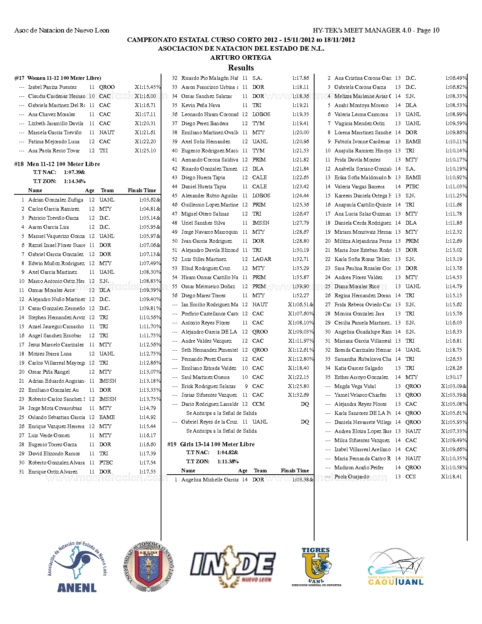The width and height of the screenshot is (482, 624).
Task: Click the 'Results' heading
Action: [x=241, y=68]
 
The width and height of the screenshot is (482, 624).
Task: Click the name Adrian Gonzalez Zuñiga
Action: [x=56, y=200]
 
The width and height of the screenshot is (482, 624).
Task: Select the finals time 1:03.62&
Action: [x=150, y=200]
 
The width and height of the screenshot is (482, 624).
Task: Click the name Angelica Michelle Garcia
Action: [x=210, y=480]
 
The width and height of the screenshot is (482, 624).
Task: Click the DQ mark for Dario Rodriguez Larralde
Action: [x=305, y=404]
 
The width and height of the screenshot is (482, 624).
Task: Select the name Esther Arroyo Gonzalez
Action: [x=361, y=377]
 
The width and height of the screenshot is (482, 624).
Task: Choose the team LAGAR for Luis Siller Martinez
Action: [x=262, y=259]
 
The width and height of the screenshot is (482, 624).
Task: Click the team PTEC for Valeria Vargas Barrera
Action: [x=412, y=186]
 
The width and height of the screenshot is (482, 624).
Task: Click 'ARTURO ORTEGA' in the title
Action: [x=241, y=57]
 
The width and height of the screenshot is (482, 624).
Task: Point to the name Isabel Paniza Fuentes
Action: [x=52, y=87]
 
